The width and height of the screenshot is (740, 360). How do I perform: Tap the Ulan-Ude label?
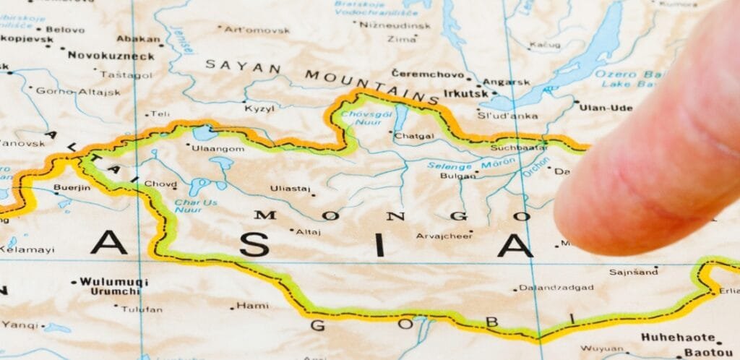pos(606,108)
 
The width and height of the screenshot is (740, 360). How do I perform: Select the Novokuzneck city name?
pos(111,56)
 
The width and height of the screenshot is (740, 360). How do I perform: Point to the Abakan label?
pos(137,39)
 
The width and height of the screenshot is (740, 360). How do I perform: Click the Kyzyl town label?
pos(259,108)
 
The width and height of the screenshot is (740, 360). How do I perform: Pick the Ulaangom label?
pos(218,148)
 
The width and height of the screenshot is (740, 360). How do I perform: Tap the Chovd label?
pos(160,184)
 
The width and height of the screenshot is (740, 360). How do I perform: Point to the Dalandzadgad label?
pos(556,288)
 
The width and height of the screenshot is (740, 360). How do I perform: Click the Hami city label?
pos(252,306)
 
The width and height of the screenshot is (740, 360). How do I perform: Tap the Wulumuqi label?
pos(113,281)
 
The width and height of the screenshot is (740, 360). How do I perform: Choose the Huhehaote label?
pos(676,338)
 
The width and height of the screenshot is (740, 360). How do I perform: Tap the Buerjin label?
pos(72,188)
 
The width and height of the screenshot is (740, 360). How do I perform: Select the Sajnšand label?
pos(634,273)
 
